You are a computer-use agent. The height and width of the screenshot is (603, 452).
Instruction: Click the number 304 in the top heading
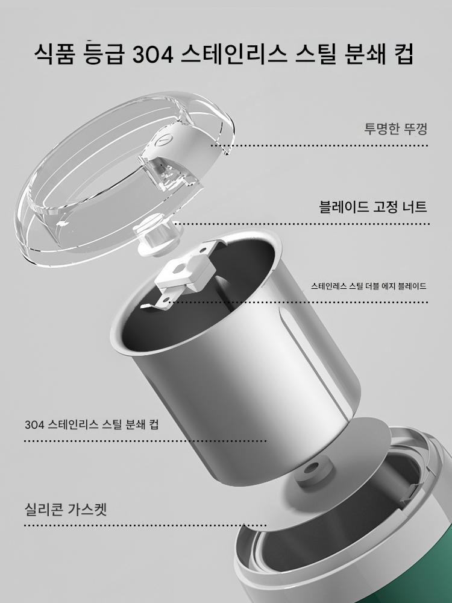pos(153,55)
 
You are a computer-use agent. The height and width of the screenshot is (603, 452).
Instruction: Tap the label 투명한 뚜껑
pos(395,128)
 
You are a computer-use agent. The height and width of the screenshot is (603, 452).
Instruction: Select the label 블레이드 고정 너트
pos(373,207)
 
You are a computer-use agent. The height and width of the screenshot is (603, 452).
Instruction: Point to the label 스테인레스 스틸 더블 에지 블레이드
pos(369,286)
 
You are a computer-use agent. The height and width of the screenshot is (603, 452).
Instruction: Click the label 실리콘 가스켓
pos(65,509)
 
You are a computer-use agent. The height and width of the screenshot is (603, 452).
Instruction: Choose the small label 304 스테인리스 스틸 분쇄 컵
pos(92,424)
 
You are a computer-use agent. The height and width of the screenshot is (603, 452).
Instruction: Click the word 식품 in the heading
pos(54,55)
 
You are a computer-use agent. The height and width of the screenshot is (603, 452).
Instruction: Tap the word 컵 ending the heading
pos(403,55)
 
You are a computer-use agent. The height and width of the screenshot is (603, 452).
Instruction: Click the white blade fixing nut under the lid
pos(155,237)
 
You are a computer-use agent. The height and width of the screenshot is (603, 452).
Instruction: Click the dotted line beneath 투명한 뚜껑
pos(319,146)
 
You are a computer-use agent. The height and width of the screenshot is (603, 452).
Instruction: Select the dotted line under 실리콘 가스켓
pos(145,525)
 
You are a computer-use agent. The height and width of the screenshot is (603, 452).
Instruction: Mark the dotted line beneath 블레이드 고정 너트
pos(302,224)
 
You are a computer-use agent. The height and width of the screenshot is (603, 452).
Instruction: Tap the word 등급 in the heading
pos(104,55)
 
